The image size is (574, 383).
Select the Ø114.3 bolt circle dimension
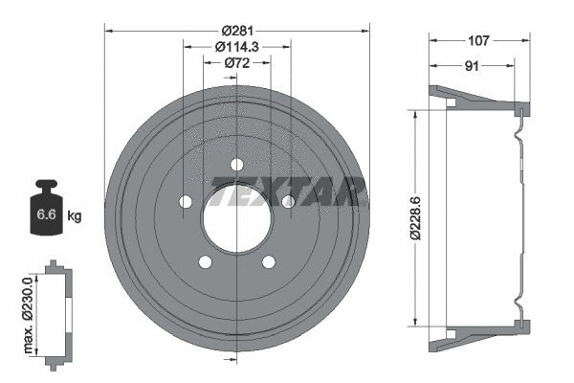(x=236, y=46)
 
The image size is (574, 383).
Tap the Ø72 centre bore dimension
(x=236, y=63)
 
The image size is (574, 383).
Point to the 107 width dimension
(x=478, y=40)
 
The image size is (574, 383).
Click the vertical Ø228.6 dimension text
(x=414, y=216)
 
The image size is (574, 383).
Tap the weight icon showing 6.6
(x=45, y=212)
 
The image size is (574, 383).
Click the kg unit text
(x=75, y=216)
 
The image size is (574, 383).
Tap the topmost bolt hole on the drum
(x=236, y=165)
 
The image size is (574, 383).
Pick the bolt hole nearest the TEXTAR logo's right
(x=287, y=201)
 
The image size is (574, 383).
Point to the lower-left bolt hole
(x=205, y=259)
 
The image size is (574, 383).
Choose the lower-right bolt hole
(x=268, y=259)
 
